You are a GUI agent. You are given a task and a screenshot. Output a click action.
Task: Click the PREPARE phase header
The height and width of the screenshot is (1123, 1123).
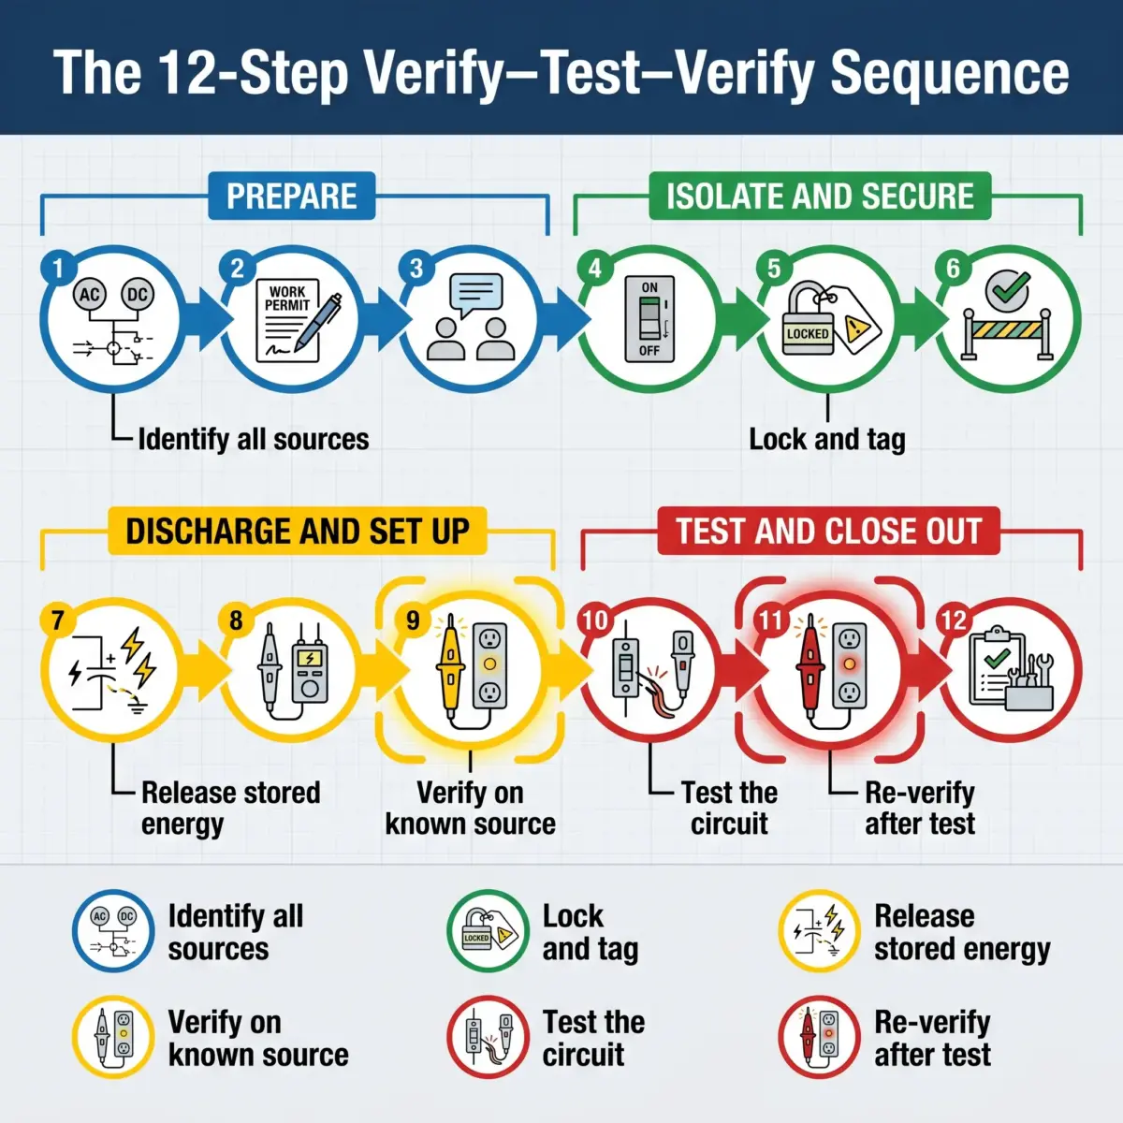click(x=291, y=196)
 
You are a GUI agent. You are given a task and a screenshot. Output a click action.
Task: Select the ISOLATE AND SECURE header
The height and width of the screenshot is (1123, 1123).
click(x=820, y=196)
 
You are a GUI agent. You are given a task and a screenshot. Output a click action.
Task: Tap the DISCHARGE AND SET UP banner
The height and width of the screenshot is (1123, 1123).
click(x=298, y=531)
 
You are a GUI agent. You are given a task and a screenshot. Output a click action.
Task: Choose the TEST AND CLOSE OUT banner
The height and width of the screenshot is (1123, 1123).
click(x=829, y=531)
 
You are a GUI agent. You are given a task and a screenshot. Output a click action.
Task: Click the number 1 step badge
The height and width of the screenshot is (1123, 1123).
click(x=58, y=269)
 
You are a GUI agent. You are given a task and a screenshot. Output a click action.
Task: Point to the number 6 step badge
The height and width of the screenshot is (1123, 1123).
click(x=953, y=269)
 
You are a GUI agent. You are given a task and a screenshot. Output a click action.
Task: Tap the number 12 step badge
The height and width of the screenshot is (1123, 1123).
click(x=954, y=621)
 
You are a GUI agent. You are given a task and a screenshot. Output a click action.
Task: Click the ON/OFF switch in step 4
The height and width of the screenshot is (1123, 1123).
click(x=649, y=319)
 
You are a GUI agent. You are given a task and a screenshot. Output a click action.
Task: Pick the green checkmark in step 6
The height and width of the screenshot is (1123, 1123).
click(x=1007, y=289)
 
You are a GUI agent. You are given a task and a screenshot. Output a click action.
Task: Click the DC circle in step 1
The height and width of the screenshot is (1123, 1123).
click(x=138, y=295)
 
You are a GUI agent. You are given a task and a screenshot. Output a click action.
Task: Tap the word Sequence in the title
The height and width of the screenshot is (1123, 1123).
click(x=950, y=74)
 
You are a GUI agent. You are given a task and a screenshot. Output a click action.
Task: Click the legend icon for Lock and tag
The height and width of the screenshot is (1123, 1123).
click(x=488, y=931)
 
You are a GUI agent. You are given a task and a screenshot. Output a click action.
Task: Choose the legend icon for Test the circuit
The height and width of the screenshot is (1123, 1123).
click(x=488, y=1037)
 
